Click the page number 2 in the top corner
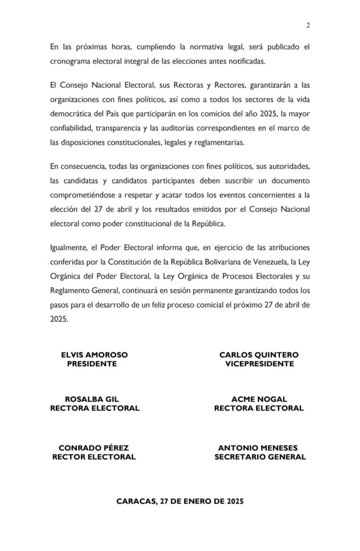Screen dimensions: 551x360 tap(308, 25)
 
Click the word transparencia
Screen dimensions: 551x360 tap(126, 128)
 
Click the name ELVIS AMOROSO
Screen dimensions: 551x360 tap(94, 355)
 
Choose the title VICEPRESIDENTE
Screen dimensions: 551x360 tap(259, 364)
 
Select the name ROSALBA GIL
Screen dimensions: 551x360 tap(91, 399)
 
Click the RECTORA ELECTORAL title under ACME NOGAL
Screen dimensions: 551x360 tap(259, 408)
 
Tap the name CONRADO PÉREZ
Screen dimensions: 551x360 tap(94, 448)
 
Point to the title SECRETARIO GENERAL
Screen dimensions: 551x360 tap(260, 457)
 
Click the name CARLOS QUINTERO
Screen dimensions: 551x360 tap(259, 355)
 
